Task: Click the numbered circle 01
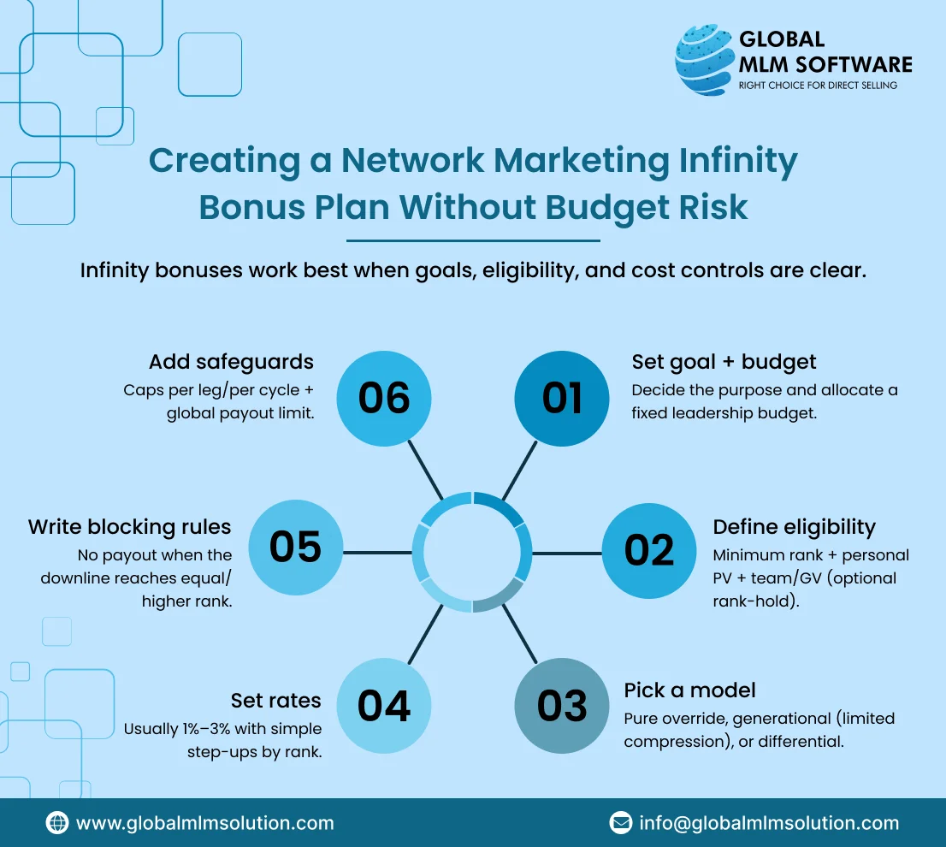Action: tap(562, 398)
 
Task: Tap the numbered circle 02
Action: tap(649, 550)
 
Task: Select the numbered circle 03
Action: tap(562, 706)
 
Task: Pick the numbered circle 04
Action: tap(384, 706)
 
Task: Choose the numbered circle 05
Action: tap(296, 548)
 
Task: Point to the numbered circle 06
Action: tap(384, 398)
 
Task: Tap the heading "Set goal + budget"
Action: tap(724, 362)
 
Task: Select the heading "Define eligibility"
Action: tap(795, 527)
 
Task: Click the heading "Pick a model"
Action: tap(690, 690)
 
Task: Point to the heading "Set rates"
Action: tap(276, 701)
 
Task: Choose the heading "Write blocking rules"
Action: tap(130, 526)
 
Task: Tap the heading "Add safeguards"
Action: tap(231, 362)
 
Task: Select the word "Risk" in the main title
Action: tap(709, 208)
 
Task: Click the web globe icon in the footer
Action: tap(57, 823)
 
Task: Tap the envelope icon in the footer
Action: tap(620, 823)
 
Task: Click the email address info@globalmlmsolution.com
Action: tap(769, 823)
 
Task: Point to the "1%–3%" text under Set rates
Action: tap(210, 730)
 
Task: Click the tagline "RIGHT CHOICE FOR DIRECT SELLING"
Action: tap(818, 86)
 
